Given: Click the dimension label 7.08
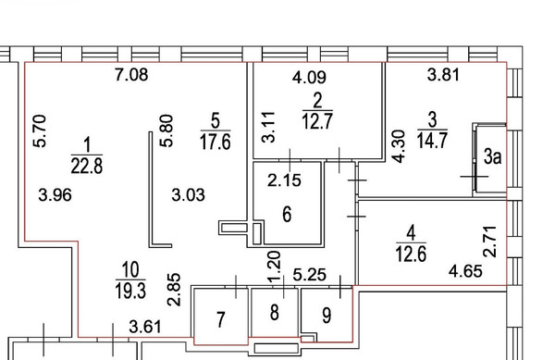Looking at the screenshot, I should click(x=131, y=76).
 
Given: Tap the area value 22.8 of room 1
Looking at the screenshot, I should click(x=88, y=166).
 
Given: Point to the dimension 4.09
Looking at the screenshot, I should click(x=307, y=79).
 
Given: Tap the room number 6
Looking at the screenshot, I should click(x=287, y=215).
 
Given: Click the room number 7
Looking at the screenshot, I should click(x=220, y=320).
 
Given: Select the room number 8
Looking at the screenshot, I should click(x=274, y=314).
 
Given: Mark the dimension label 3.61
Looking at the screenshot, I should click(x=147, y=326).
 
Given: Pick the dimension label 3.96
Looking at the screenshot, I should click(x=56, y=195).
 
